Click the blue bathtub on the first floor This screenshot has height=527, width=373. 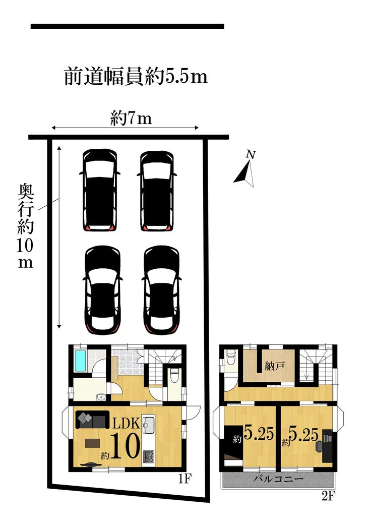tap(81, 361)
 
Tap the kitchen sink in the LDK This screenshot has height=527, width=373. tap(148, 425)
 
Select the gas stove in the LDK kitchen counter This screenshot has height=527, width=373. tap(148, 456)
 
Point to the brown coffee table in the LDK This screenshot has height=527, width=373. tap(93, 443)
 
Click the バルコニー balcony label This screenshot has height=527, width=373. tap(279, 479)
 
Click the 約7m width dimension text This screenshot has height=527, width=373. tap(131, 119)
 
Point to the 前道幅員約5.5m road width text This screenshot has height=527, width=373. tap(136, 76)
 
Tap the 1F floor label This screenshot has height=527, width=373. tap(184, 478)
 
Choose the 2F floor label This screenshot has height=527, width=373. tap(328, 496)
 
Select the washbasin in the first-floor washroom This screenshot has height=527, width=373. tap(100, 397)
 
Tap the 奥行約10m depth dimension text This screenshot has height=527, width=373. tap(26, 225)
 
